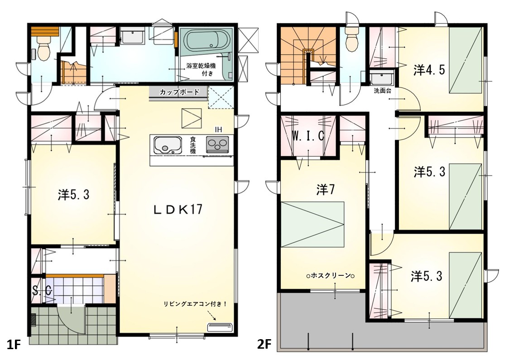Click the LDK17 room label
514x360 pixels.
pyautogui.click(x=178, y=209)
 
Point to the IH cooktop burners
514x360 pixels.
pyautogui.click(x=217, y=144)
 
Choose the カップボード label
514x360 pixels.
pyautogui.click(x=179, y=92)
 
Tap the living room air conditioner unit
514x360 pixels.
pyautogui.click(x=220, y=327)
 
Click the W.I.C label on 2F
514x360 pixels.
pyautogui.click(x=308, y=135)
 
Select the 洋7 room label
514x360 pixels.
pyautogui.click(x=326, y=189)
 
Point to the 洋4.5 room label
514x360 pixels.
pyautogui.click(x=429, y=70)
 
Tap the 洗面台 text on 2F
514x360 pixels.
pyautogui.click(x=382, y=91)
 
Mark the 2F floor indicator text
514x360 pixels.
pyautogui.click(x=264, y=345)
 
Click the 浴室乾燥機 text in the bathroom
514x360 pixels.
pyautogui.click(x=201, y=66)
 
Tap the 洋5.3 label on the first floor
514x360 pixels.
pyautogui.click(x=73, y=195)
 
